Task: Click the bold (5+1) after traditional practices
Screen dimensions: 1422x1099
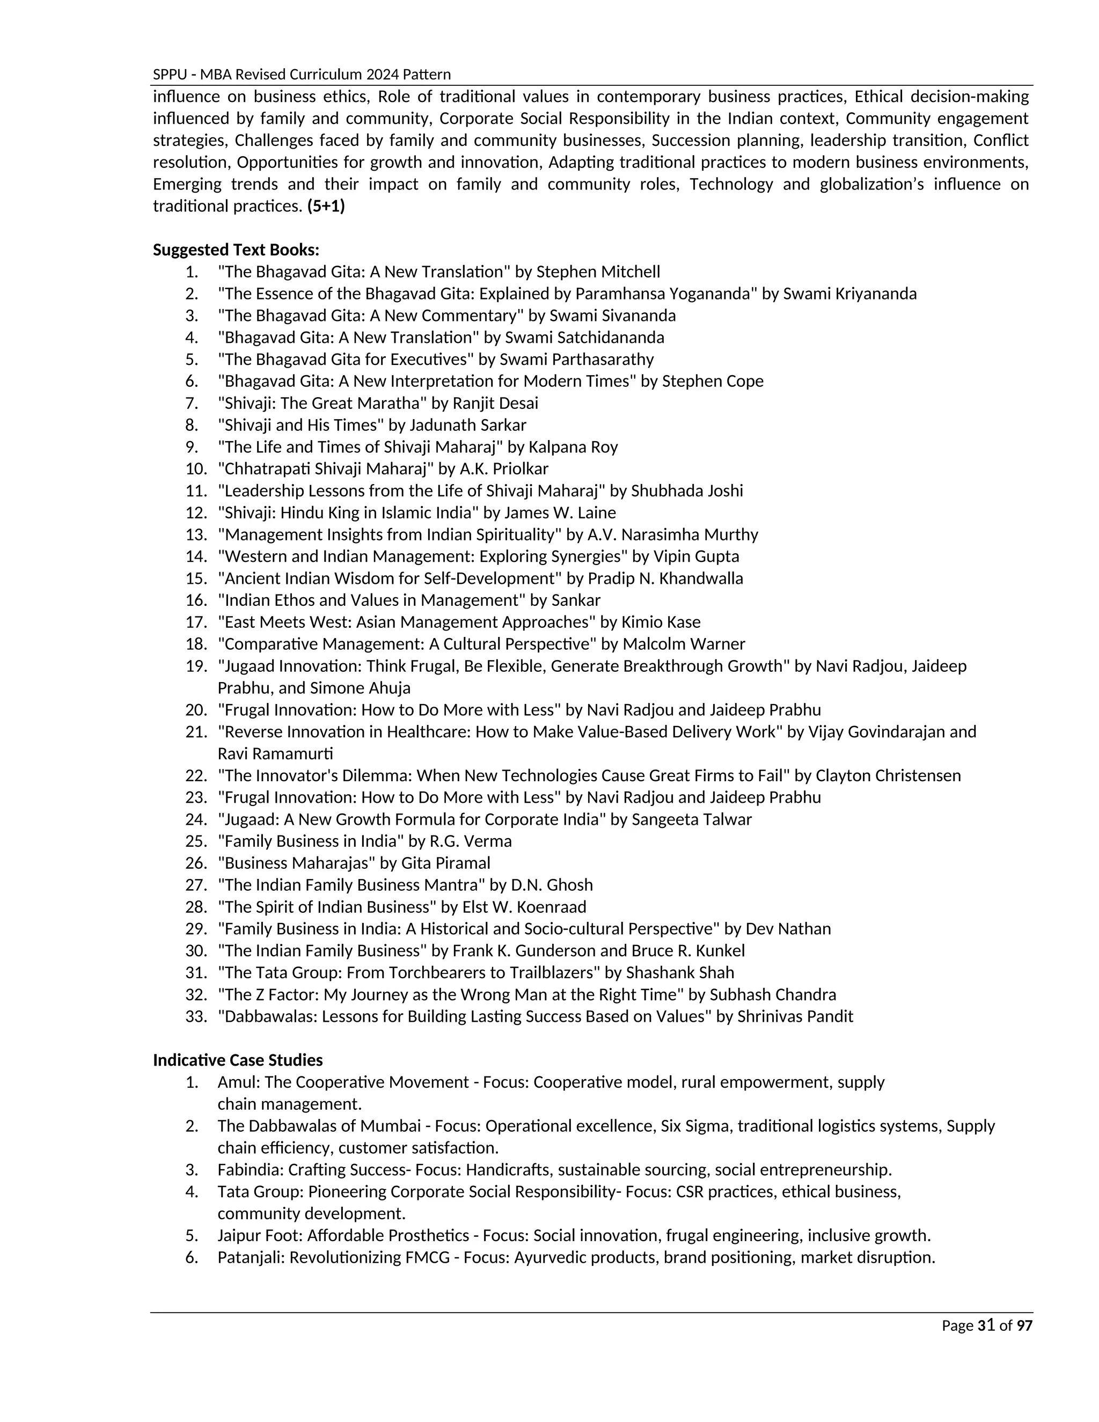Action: [326, 207]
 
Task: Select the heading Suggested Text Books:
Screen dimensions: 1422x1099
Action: [236, 250]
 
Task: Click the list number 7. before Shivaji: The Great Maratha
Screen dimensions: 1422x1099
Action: [192, 403]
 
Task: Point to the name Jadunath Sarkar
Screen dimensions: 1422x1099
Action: [467, 425]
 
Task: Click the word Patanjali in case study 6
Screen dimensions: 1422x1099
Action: [251, 1257]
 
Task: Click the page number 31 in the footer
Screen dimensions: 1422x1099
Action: [986, 1325]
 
